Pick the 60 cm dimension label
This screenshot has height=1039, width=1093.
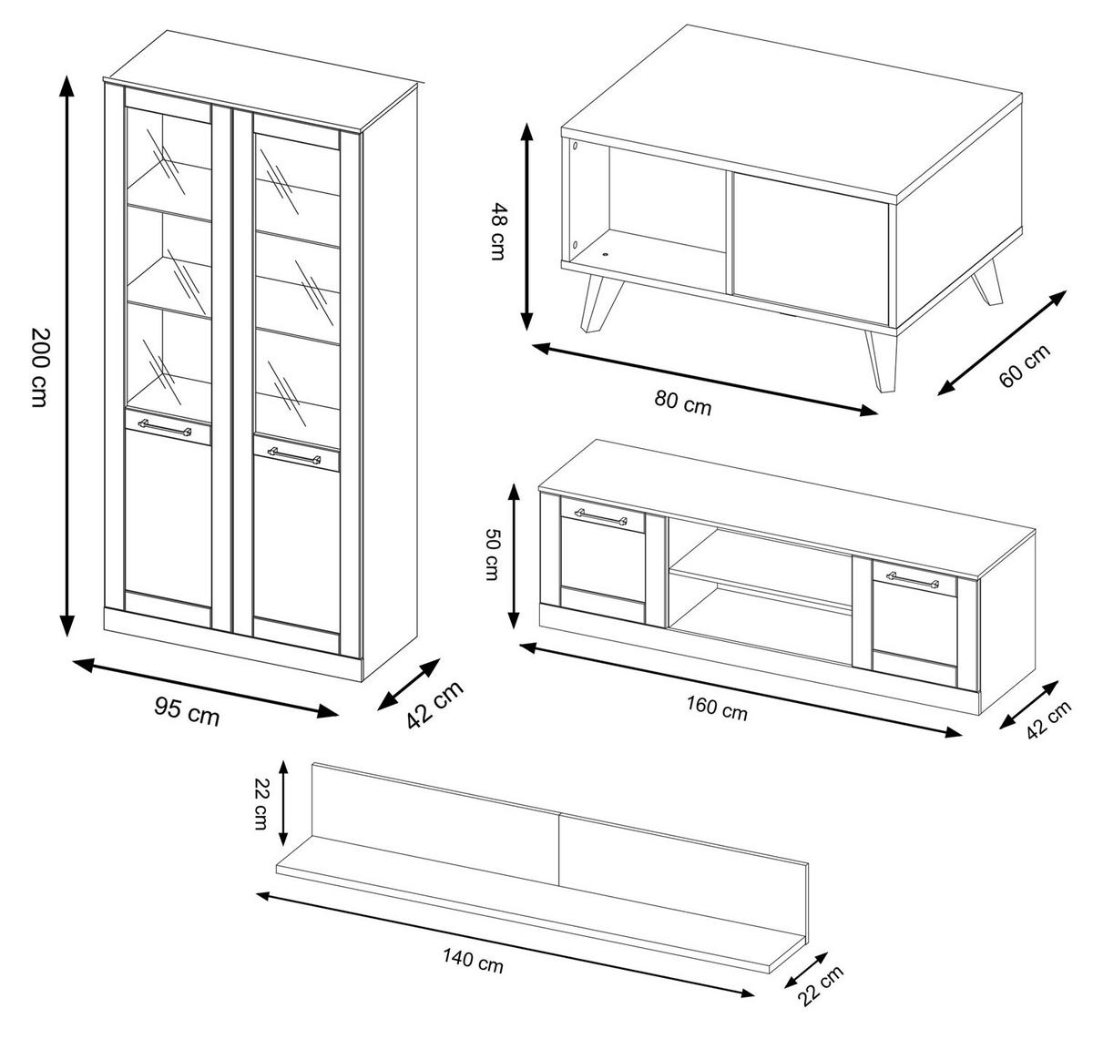[1024, 365]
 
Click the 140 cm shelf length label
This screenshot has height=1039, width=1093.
[474, 960]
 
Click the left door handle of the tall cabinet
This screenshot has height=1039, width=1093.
[164, 426]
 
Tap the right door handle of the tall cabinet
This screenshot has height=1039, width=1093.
[293, 453]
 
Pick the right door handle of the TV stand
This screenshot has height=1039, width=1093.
[914, 579]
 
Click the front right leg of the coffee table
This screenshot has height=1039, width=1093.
[882, 362]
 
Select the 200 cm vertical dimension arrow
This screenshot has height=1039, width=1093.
[66, 355]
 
